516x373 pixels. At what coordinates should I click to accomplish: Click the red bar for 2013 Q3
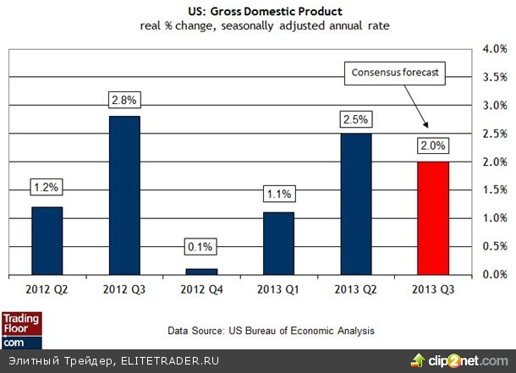[x=432, y=217]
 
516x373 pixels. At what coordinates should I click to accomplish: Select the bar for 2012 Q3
[x=125, y=195]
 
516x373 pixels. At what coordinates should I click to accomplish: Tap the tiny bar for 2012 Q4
[x=201, y=272]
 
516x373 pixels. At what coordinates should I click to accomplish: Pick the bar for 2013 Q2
[x=355, y=204]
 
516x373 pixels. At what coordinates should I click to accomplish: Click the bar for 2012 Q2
[x=47, y=240]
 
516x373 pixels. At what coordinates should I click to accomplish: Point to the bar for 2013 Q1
[x=278, y=243]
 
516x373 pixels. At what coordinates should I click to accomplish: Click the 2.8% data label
[x=125, y=99]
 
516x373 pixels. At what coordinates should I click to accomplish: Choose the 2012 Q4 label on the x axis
[x=201, y=291]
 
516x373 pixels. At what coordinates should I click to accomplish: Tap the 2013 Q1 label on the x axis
[x=278, y=291]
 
